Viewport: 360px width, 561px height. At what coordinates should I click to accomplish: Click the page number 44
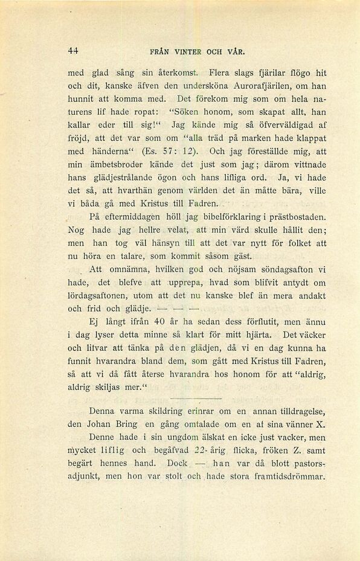click(74, 51)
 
